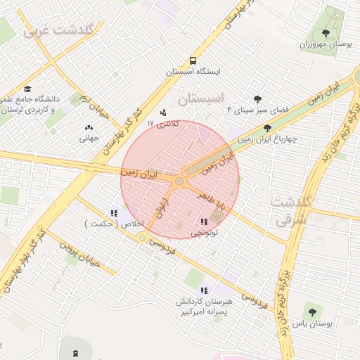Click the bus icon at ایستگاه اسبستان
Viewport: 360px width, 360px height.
[x=193, y=61]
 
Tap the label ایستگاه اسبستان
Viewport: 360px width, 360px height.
[x=193, y=72]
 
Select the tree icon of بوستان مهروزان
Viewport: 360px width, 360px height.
[x=325, y=33]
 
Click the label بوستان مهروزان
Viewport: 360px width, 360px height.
[x=325, y=44]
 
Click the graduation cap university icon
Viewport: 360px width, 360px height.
[x=27, y=89]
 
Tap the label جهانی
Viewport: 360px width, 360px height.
[x=89, y=139]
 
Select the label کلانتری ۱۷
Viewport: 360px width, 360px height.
[x=163, y=123]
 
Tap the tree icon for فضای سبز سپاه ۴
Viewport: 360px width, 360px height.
[x=257, y=99]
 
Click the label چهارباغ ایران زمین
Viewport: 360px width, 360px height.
[x=267, y=139]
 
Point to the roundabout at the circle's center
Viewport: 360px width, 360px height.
[x=179, y=181]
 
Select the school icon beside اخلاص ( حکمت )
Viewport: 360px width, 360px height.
[x=114, y=214]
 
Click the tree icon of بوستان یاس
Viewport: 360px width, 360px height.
[x=312, y=312]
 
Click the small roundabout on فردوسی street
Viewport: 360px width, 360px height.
[x=143, y=239]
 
